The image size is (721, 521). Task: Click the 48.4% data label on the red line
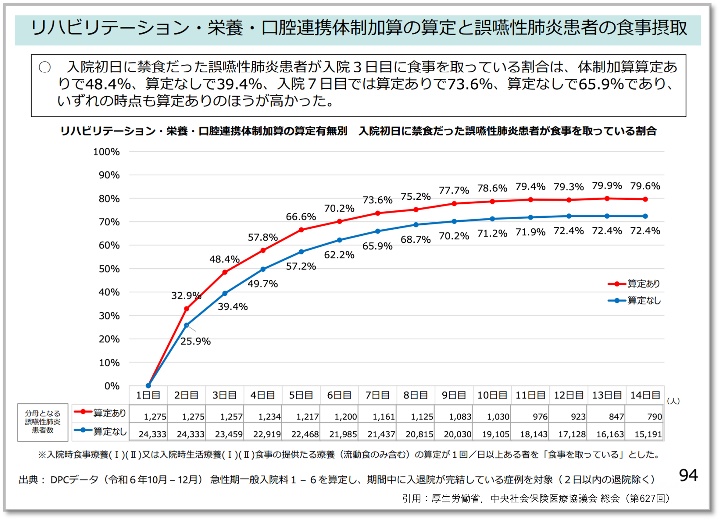click(x=224, y=259)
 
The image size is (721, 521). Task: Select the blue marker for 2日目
click(x=187, y=325)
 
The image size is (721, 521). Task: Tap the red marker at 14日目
click(x=645, y=199)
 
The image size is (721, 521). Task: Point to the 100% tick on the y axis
click(x=106, y=152)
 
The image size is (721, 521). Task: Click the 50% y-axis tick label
click(x=109, y=269)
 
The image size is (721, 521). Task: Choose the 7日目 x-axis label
click(x=377, y=395)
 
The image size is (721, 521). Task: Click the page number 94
click(x=688, y=476)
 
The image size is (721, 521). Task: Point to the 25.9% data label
click(x=195, y=341)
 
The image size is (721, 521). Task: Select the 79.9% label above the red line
click(x=607, y=186)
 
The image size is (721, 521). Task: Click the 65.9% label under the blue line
click(x=377, y=246)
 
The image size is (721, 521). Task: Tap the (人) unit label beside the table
click(x=673, y=401)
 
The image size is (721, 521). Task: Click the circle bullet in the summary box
click(x=45, y=67)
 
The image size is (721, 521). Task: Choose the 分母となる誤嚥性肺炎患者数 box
click(x=43, y=422)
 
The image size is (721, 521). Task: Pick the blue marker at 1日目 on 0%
click(x=148, y=386)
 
